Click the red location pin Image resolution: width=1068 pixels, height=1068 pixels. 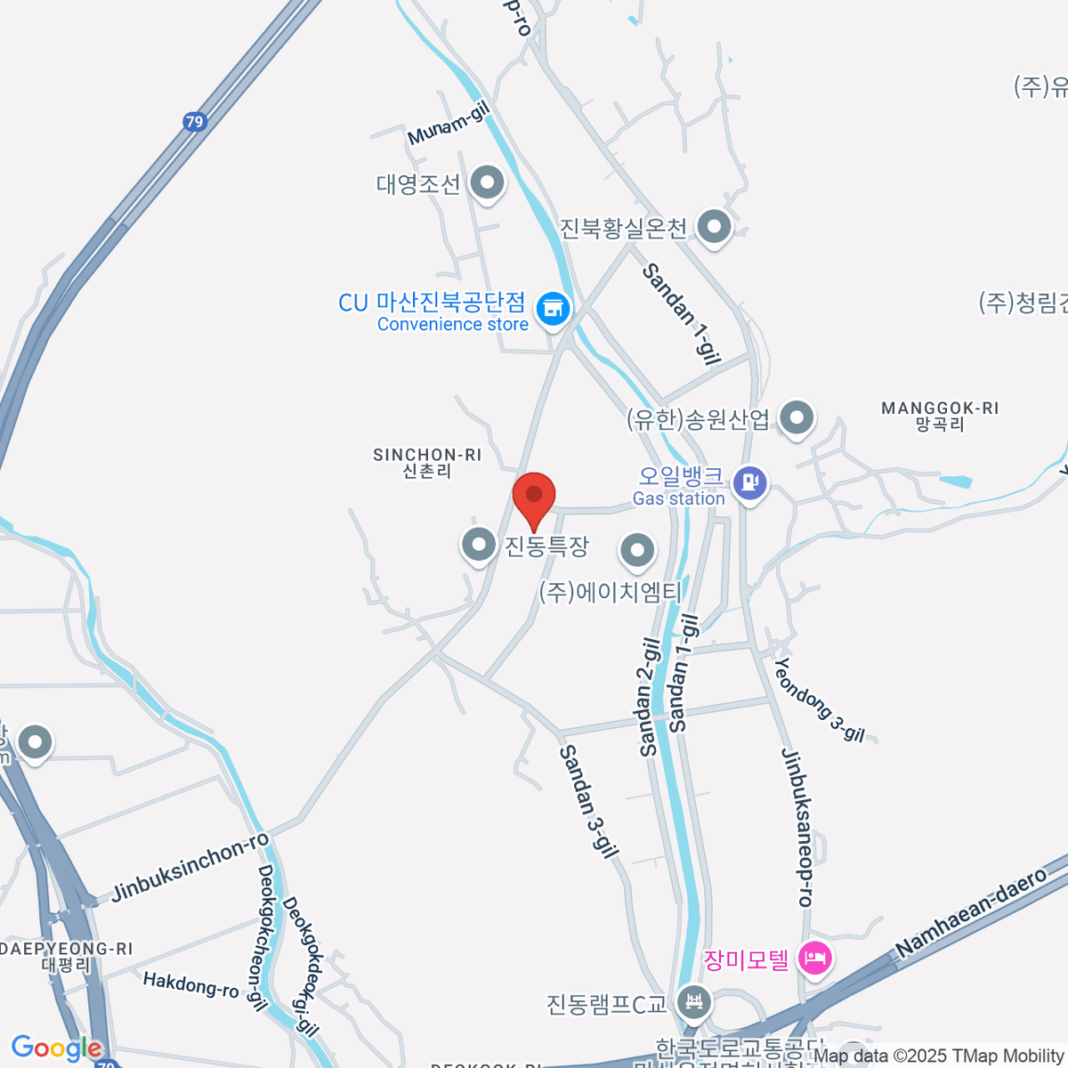coord(534,495)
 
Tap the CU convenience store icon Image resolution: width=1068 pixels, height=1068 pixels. coord(553,309)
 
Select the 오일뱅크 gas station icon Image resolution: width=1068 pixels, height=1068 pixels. coord(750,483)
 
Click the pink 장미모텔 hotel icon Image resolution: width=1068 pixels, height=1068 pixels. coord(814,959)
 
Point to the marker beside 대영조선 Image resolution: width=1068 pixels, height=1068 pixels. coord(486,184)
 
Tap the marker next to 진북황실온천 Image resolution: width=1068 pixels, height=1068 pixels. coord(714,228)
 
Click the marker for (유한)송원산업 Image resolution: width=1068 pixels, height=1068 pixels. coord(797,417)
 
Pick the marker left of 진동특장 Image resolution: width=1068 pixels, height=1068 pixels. coord(479,544)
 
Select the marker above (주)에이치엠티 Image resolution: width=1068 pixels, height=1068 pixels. coord(637,551)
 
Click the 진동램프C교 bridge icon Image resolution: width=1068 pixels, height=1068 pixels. coord(693,1004)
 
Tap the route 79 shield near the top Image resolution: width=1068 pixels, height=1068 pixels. coord(195,122)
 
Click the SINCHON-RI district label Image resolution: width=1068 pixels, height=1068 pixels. coord(427,463)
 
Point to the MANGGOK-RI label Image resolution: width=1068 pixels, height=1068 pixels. coord(940,416)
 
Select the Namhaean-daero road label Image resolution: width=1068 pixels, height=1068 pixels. coord(972,913)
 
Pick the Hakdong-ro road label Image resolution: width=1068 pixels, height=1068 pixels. coord(190,984)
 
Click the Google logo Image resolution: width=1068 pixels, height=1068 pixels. coord(55,1048)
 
